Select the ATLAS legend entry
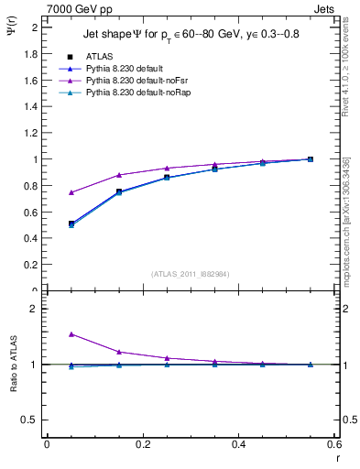click(x=99, y=57)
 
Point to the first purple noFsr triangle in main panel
click(x=71, y=192)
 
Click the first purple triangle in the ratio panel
click(x=71, y=334)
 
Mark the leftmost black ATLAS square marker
click(x=71, y=224)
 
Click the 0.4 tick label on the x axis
click(x=238, y=445)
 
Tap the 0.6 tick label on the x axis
click(x=333, y=445)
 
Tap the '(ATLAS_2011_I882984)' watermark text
click(x=191, y=273)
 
